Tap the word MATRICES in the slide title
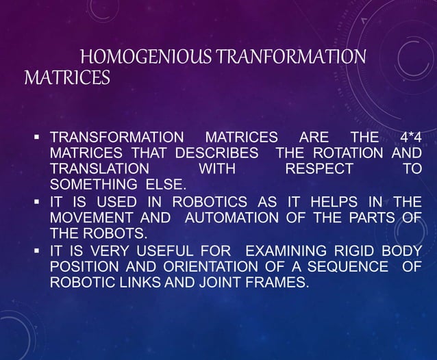(67, 79)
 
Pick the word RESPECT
(320, 168)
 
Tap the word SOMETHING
(95, 184)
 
